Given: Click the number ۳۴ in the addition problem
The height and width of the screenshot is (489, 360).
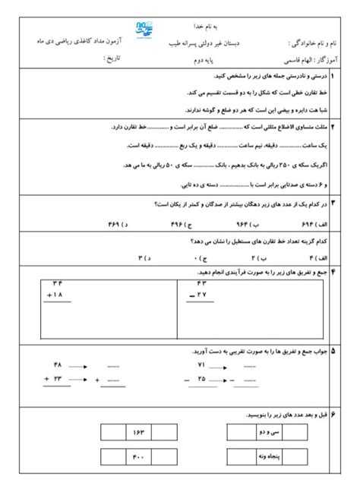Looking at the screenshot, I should click(x=55, y=283).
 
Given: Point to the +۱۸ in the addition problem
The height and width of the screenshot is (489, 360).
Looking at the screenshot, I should click(x=53, y=294).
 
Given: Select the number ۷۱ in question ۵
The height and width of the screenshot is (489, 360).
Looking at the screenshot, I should click(x=201, y=365).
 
